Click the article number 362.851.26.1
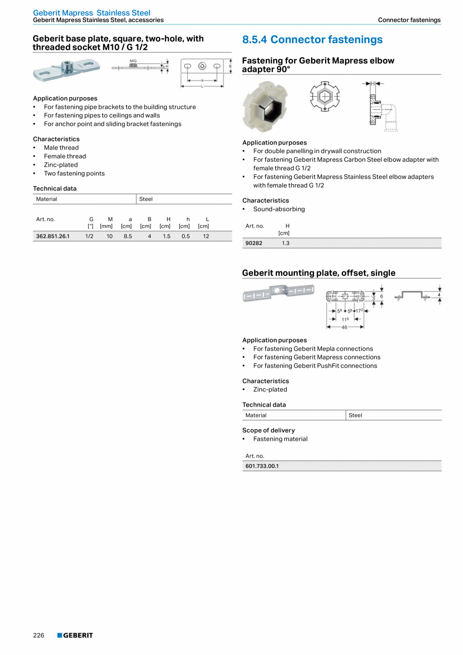pos(52,236)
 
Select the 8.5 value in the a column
pos(128,236)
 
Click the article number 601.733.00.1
pos(262,466)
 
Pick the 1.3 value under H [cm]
pos(285,243)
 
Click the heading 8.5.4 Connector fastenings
pos(312,40)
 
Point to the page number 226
pos(39,635)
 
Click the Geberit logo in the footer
pos(75,635)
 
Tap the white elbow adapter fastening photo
pos(265,105)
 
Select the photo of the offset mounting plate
pos(278,293)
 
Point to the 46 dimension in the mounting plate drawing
pos(345,327)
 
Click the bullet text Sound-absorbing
pos(279,209)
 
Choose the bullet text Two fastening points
pos(74,173)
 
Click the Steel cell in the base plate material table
pos(146,199)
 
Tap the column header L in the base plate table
pos(207,219)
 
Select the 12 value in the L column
pos(206,236)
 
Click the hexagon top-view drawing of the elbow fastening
pos(325,96)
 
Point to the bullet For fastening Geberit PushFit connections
pos(315,366)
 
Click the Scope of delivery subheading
pos(268,430)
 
